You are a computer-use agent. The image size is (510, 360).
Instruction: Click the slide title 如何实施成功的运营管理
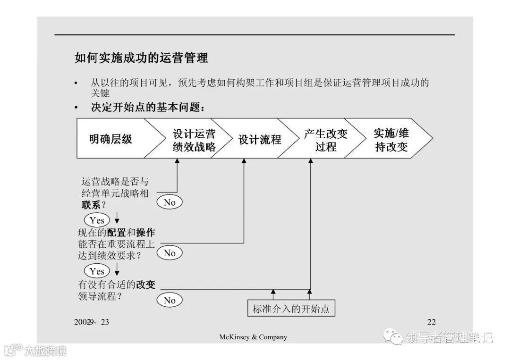pyautogui.click(x=141, y=58)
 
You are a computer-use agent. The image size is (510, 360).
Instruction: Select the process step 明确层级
pyautogui.click(x=111, y=139)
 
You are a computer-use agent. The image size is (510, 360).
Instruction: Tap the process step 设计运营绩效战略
pyautogui.click(x=194, y=140)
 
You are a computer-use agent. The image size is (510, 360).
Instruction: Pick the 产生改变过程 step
pyautogui.click(x=325, y=140)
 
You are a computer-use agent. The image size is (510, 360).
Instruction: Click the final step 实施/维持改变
pyautogui.click(x=391, y=140)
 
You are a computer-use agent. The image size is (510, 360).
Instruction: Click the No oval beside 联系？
pyautogui.click(x=170, y=202)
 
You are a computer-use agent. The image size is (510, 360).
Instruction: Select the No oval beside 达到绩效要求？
pyautogui.click(x=170, y=253)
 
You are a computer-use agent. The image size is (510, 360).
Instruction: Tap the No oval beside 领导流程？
pyautogui.click(x=170, y=300)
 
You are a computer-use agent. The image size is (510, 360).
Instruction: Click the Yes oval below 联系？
pyautogui.click(x=97, y=220)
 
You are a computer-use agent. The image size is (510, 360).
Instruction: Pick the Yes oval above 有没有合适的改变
pyautogui.click(x=97, y=271)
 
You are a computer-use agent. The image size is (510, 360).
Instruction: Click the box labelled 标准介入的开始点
pyautogui.click(x=291, y=310)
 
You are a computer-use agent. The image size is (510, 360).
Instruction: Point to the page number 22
pyautogui.click(x=431, y=322)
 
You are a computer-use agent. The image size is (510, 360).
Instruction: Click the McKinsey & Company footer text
pyautogui.click(x=253, y=337)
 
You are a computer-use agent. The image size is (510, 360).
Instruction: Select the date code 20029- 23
pyautogui.click(x=92, y=322)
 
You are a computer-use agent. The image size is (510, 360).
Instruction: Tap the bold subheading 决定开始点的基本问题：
pyautogui.click(x=148, y=108)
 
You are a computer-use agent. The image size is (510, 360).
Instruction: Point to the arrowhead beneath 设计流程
pyautogui.click(x=244, y=161)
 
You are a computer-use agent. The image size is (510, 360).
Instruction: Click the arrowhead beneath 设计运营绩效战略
pyautogui.click(x=178, y=161)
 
